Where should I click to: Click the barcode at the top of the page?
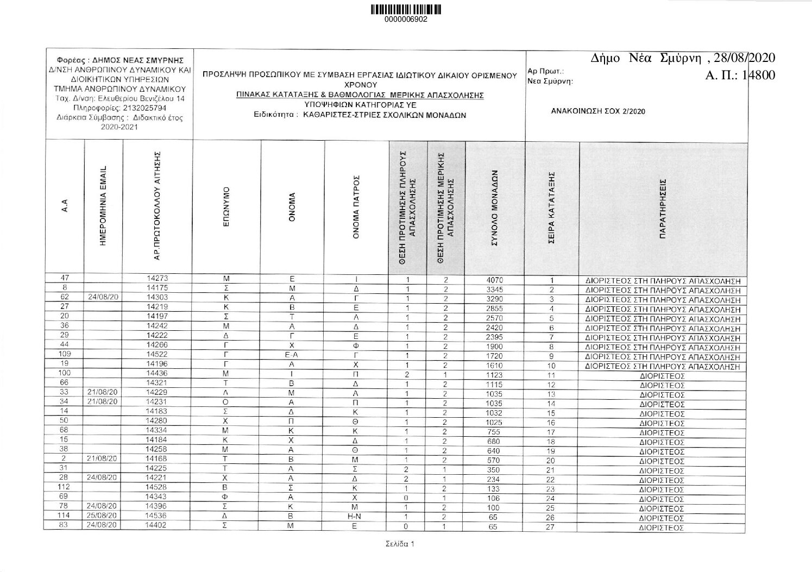coord(406,9)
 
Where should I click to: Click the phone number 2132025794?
coord(138,108)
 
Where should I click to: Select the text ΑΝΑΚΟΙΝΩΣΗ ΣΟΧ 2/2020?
coord(597,111)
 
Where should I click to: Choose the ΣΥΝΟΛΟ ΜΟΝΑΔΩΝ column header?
coord(494,209)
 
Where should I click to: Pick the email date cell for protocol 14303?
coord(104,298)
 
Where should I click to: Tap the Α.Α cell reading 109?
coord(64,354)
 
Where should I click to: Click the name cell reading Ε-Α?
coord(292,356)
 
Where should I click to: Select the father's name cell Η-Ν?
coord(354,517)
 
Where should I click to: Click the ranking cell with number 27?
coord(551,526)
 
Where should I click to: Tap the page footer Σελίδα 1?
coord(396,544)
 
